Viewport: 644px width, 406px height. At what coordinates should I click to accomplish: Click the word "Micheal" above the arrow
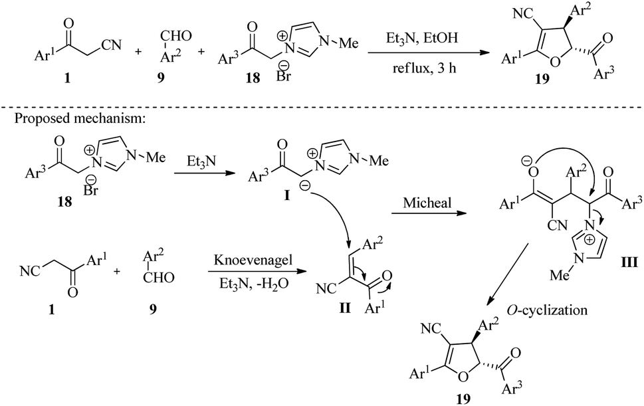pos(427,203)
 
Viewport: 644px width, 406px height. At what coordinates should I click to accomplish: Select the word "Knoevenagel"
pos(253,260)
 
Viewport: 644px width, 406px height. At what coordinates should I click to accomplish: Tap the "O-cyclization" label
pos(547,309)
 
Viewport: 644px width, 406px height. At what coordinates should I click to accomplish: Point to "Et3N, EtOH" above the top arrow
pos(422,39)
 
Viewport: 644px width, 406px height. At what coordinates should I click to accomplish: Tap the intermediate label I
pos(286,196)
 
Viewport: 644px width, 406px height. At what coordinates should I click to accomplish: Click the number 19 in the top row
pos(542,78)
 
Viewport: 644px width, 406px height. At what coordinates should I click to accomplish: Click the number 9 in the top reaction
pos(160,77)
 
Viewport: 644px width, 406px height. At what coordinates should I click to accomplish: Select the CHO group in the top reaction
pos(176,37)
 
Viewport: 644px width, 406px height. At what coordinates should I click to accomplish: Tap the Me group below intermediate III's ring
pos(560,274)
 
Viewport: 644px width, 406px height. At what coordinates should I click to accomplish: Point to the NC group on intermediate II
pos(326,289)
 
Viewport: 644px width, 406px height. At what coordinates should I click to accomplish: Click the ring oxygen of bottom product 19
pos(462,374)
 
